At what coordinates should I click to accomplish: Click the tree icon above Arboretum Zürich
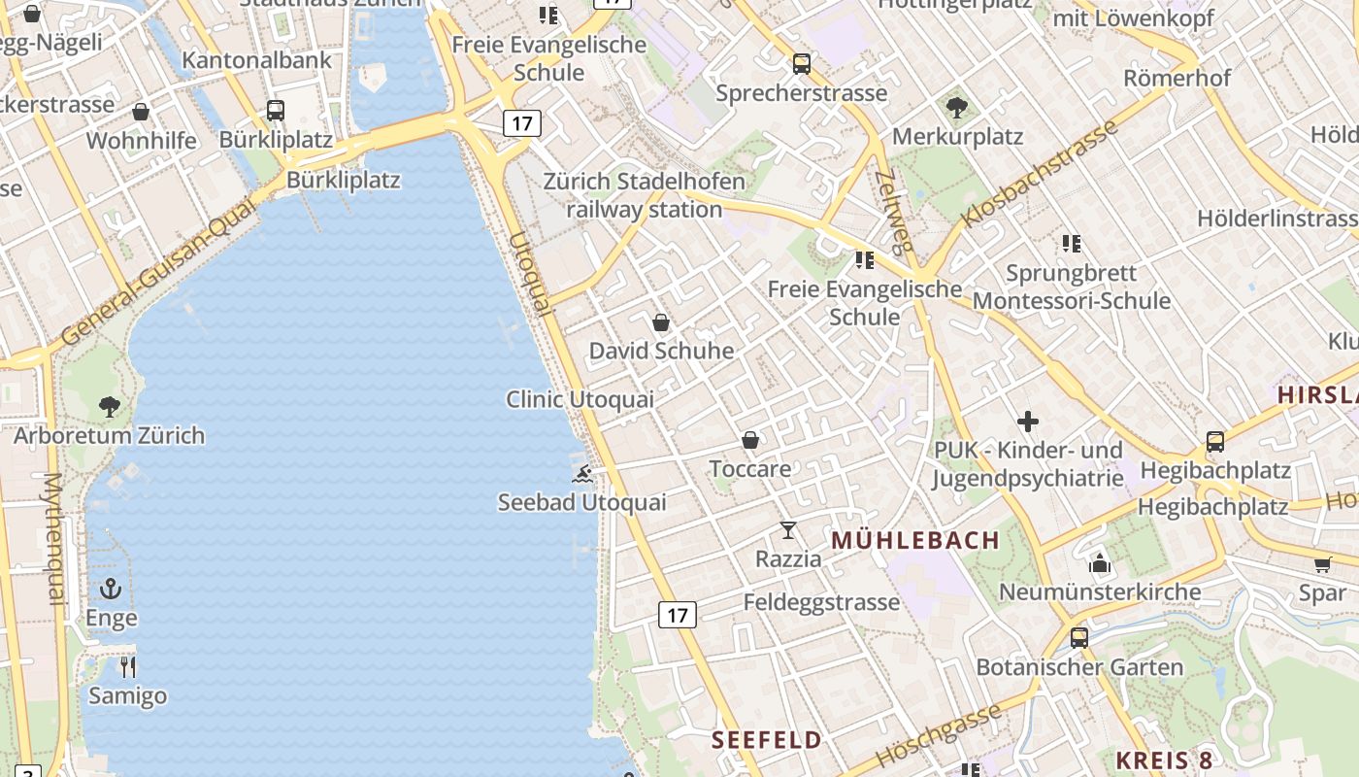tap(110, 406)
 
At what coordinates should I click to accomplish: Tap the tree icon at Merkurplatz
tap(957, 108)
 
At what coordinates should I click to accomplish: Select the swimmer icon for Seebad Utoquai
tap(582, 474)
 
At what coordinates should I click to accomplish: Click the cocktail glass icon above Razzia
tap(788, 530)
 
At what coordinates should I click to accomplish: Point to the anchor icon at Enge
tap(111, 589)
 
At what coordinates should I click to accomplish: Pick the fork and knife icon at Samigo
tap(127, 666)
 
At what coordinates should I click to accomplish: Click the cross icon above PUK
tap(1028, 422)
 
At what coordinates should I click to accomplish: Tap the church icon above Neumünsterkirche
tap(1100, 562)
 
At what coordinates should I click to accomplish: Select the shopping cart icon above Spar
tap(1322, 564)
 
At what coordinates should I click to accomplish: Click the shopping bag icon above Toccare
tap(750, 440)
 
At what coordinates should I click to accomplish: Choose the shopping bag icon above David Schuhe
tap(661, 321)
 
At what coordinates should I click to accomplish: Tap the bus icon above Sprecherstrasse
tap(801, 64)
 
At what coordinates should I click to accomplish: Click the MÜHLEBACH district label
tap(915, 541)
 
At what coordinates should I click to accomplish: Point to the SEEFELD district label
tap(767, 740)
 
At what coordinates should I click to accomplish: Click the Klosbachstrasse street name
tap(1038, 175)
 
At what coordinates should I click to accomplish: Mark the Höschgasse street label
tap(938, 735)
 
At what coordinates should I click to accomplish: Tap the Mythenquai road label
tap(52, 539)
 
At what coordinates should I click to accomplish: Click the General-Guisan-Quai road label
tap(158, 272)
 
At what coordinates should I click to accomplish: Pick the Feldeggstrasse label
tap(821, 602)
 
